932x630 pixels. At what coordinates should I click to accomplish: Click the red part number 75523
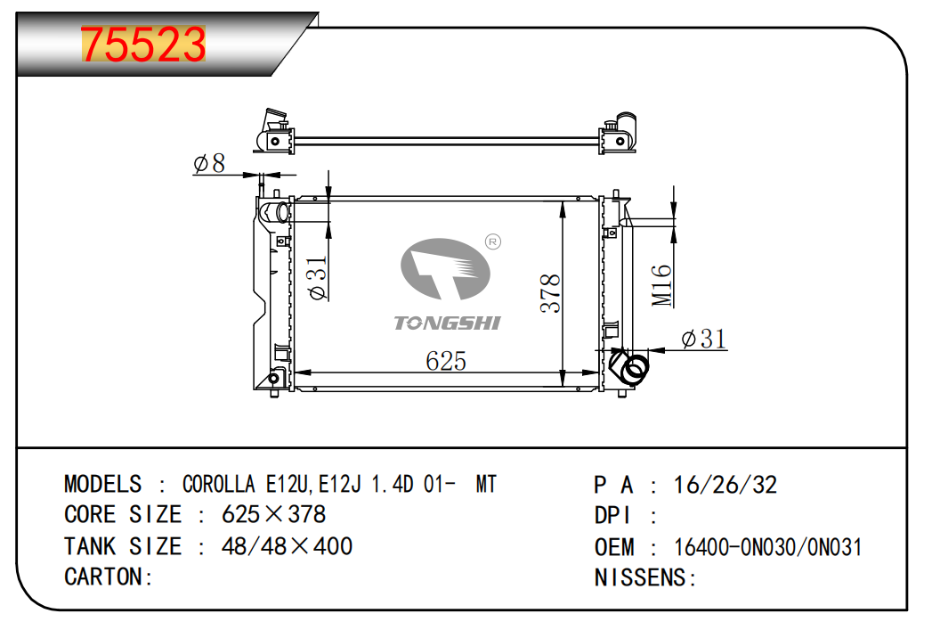143,45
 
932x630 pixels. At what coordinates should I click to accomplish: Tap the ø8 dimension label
209,163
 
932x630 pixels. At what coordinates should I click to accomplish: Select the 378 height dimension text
550,293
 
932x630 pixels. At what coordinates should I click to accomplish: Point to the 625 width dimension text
446,361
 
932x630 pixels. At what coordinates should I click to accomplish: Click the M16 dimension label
661,285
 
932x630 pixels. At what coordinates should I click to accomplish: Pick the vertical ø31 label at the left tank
318,277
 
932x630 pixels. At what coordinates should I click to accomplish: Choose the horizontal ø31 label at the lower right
704,340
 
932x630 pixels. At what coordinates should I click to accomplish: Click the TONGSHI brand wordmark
448,323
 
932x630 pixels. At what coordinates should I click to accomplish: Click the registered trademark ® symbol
493,242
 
